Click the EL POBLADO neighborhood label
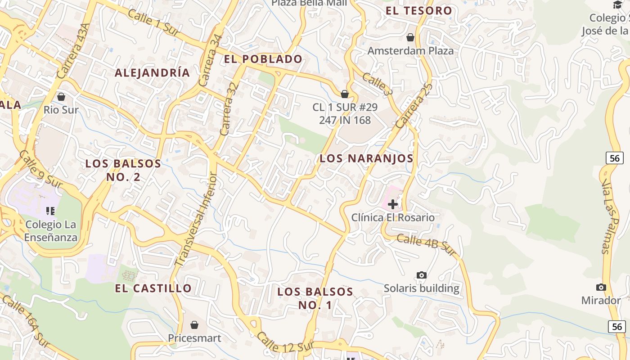[x=263, y=59]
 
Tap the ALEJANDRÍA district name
[x=152, y=72]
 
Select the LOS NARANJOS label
[x=366, y=158]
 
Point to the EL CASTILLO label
[x=153, y=288]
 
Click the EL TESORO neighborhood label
[x=418, y=11]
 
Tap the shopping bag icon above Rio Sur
[x=61, y=97]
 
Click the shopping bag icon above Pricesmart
[x=194, y=324]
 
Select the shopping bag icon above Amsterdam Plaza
[x=410, y=37]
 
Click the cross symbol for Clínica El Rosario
[x=393, y=204]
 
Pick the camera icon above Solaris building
[x=422, y=275]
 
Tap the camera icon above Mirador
[x=601, y=287]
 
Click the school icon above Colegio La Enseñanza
[x=50, y=211]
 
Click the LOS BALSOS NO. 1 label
[x=315, y=298]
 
